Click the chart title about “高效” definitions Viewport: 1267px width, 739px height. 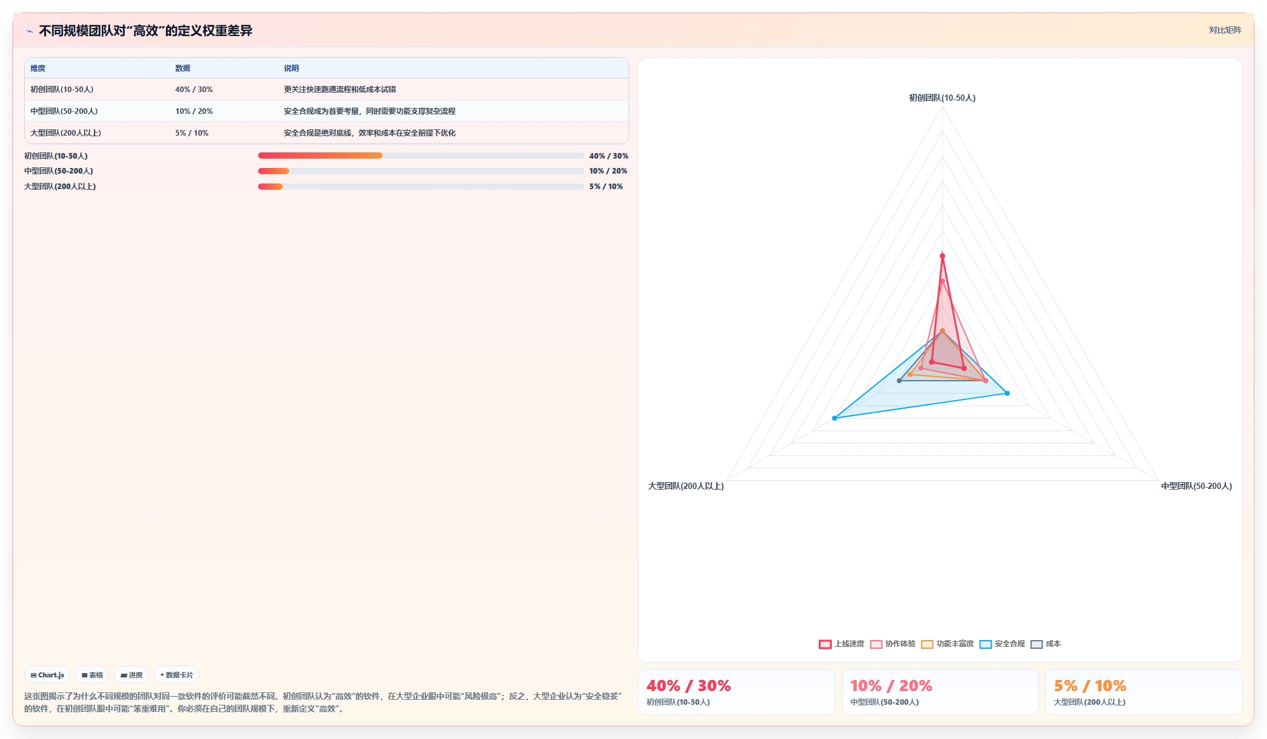coord(145,30)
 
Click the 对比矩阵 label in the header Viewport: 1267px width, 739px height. coord(1225,30)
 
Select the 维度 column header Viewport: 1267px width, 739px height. coord(38,68)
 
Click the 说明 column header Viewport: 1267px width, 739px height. coord(292,68)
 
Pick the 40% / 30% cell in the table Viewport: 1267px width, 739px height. coord(194,90)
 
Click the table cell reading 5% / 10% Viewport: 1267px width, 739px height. coord(192,133)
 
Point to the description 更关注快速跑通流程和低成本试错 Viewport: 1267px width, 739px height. coord(340,90)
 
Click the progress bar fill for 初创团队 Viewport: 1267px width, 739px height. coord(320,156)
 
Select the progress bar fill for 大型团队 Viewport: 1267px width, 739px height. coord(270,187)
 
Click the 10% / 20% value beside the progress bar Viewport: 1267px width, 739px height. coord(609,171)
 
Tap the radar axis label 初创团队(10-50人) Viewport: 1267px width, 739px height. coord(942,98)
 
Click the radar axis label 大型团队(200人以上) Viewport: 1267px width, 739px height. coord(686,486)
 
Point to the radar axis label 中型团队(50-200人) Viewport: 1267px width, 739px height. coord(1197,486)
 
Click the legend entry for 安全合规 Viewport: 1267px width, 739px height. coord(1002,644)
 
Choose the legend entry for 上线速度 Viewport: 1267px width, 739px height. coord(842,644)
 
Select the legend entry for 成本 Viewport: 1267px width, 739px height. coord(1046,644)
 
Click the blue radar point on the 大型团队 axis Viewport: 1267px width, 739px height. coord(834,418)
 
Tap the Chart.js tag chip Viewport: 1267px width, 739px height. coord(47,675)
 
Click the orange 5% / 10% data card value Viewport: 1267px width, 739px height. coord(1090,686)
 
